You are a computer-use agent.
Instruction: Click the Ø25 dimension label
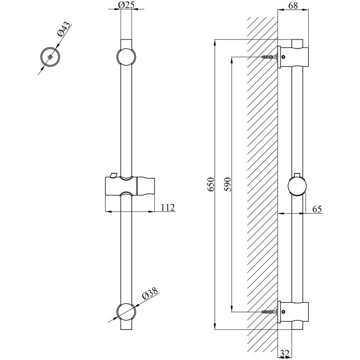pos(126,5)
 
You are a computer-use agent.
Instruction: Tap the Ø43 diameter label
pos(63,29)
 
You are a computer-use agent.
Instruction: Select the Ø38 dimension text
pos(150,293)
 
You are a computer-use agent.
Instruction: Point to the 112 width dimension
pos(167,207)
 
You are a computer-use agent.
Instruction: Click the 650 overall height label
pos(211,184)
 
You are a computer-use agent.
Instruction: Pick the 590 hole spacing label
pos(227,184)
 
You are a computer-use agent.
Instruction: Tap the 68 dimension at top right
pos(293,5)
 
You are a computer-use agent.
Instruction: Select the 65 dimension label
pos(317,209)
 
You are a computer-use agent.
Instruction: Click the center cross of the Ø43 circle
pos(50,57)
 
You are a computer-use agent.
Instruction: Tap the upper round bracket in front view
pos(126,57)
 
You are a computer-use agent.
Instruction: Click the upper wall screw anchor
pos(270,57)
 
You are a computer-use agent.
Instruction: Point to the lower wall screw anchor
pos(270,311)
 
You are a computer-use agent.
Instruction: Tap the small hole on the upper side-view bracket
pos(283,57)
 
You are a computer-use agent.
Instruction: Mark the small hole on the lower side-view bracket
pos(283,311)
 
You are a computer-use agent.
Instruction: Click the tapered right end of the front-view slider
pos(145,186)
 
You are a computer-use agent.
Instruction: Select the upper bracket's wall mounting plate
pos(279,57)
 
